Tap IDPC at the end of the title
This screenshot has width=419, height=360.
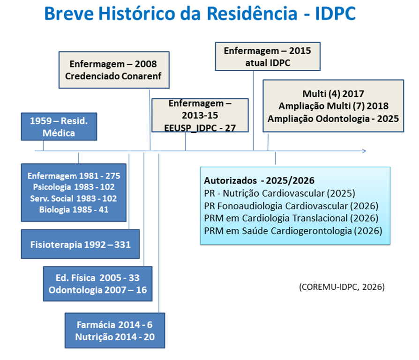336,14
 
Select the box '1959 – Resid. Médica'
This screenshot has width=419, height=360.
59,127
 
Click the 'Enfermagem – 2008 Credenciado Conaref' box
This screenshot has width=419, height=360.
114,70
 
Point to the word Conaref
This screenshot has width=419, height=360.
142,76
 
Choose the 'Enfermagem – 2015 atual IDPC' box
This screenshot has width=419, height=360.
268,57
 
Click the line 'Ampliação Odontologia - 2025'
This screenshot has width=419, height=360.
333,118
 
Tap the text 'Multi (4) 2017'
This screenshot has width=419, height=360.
333,94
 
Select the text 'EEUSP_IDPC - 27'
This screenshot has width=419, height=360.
200,128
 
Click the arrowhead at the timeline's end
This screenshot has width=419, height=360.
364,151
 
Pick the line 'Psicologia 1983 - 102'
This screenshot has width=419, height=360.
74,187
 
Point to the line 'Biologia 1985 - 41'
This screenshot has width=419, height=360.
74,209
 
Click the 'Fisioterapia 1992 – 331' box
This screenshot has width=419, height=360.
81,244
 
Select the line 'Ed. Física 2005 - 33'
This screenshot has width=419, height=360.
97,278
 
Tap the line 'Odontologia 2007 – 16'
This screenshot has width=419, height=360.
97,290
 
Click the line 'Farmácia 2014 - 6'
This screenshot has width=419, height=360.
115,325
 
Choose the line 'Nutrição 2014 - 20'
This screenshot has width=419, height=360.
115,337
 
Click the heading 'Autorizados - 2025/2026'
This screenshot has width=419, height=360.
259,181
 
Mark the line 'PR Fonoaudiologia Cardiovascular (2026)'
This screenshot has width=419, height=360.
291,206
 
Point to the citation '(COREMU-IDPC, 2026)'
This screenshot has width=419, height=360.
342,287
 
